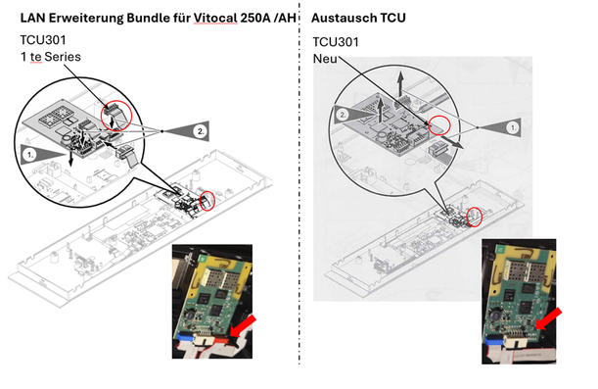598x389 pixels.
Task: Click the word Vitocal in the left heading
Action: tap(215, 18)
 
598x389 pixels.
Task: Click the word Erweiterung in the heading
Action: tap(86, 18)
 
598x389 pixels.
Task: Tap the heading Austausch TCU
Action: tap(358, 18)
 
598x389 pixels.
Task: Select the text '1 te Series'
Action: tap(50, 57)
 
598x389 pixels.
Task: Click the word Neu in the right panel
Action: tap(325, 59)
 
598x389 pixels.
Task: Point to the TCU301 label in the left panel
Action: tap(43, 40)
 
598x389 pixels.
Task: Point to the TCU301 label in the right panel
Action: tap(336, 42)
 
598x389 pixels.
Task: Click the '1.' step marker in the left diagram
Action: tap(29, 155)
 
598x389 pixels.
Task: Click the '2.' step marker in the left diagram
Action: tap(201, 131)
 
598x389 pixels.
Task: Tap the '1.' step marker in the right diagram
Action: tap(513, 127)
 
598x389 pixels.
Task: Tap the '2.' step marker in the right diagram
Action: tap(343, 115)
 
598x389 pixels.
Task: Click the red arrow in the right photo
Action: tap(548, 318)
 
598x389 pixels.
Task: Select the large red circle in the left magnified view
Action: tap(115, 116)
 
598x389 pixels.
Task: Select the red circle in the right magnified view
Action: tap(439, 125)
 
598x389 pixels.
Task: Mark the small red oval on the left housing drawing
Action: tap(207, 201)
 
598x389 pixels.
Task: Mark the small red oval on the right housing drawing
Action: tap(475, 217)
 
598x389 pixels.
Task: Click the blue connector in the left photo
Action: tap(185, 337)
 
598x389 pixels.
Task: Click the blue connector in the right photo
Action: tap(493, 339)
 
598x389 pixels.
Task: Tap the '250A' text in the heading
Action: tap(255, 18)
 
